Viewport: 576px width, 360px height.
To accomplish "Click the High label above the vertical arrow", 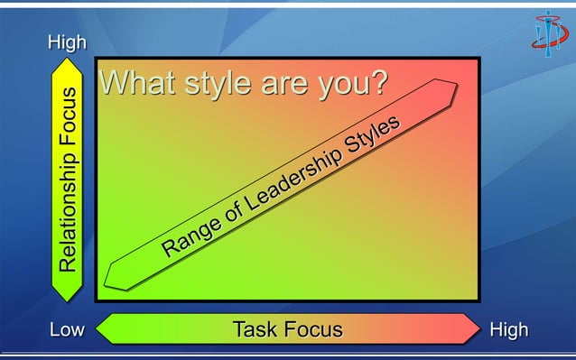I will pyautogui.click(x=68, y=42).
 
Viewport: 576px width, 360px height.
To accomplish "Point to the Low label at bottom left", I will pyautogui.click(x=66, y=329).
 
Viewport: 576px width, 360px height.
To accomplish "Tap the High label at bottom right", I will pyautogui.click(x=508, y=329).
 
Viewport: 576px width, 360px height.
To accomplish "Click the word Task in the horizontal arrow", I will pyautogui.click(x=255, y=329).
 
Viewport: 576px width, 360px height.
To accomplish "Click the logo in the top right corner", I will pyautogui.click(x=547, y=33).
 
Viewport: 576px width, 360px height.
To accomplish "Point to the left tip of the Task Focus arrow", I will pyautogui.click(x=97, y=329).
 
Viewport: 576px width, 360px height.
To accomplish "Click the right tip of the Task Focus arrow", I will pyautogui.click(x=479, y=329).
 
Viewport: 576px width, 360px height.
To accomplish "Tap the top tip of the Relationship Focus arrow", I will pyautogui.click(x=68, y=60).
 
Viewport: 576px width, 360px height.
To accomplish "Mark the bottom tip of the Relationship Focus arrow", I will pyautogui.click(x=68, y=300).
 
